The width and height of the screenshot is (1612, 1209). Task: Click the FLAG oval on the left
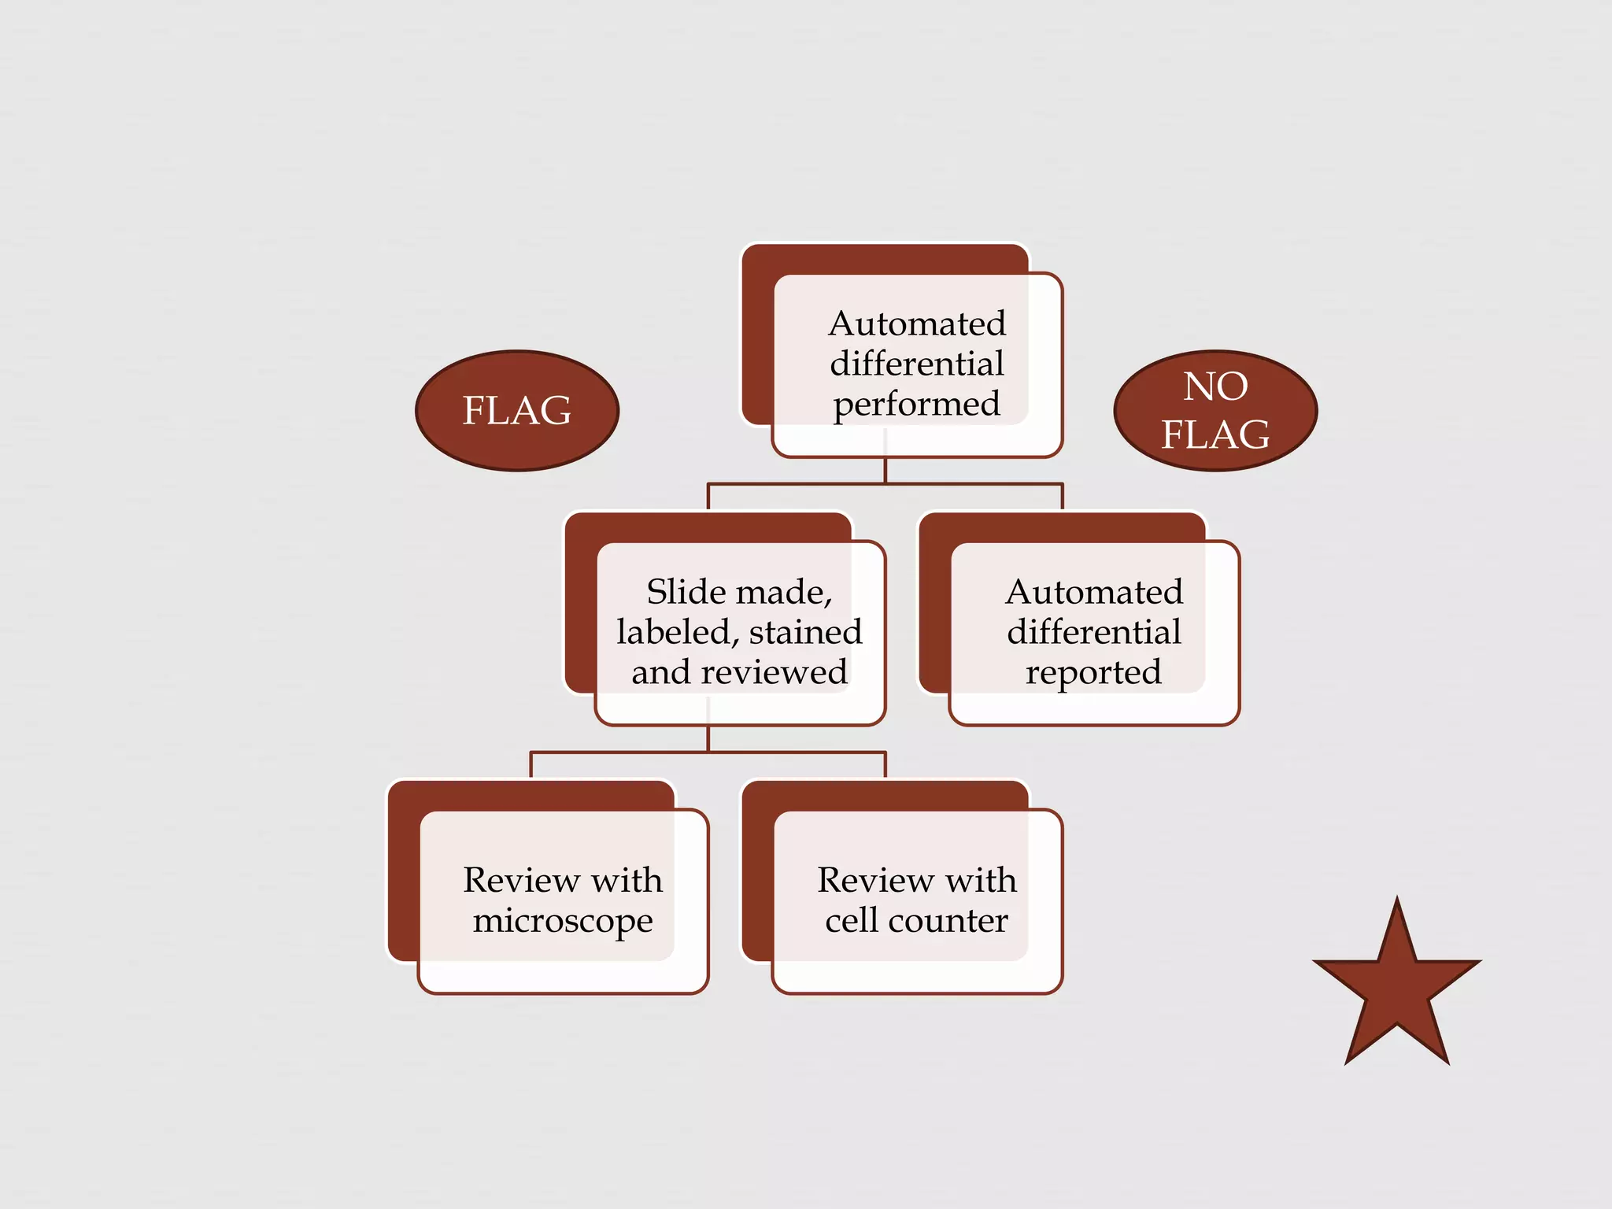517,410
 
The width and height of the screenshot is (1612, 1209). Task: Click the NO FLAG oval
1215,410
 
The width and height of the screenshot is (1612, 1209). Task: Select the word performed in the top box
917,405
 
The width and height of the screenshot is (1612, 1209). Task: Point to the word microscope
563,921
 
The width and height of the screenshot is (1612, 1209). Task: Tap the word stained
805,632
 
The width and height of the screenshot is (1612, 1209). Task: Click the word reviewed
774,672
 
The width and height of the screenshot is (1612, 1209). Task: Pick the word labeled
677,632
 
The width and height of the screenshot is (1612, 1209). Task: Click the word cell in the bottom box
851,920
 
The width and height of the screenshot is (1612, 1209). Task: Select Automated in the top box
917,324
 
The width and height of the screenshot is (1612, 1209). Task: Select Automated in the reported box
1094,592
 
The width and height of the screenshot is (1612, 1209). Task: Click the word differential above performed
917,364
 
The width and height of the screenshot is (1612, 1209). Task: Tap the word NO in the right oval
1215,386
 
